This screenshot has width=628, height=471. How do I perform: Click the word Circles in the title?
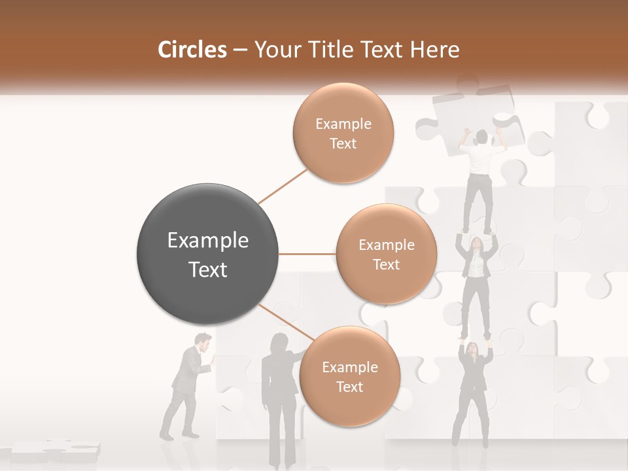[x=192, y=50]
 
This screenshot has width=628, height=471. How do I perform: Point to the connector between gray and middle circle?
[x=307, y=254]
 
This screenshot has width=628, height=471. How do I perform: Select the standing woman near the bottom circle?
[x=278, y=399]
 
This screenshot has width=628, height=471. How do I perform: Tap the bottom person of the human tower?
[x=474, y=392]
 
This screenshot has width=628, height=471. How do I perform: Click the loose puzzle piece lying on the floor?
[x=56, y=450]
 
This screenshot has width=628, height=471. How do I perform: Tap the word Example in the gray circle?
[x=207, y=241]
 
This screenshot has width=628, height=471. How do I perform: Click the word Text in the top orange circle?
[x=343, y=143]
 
